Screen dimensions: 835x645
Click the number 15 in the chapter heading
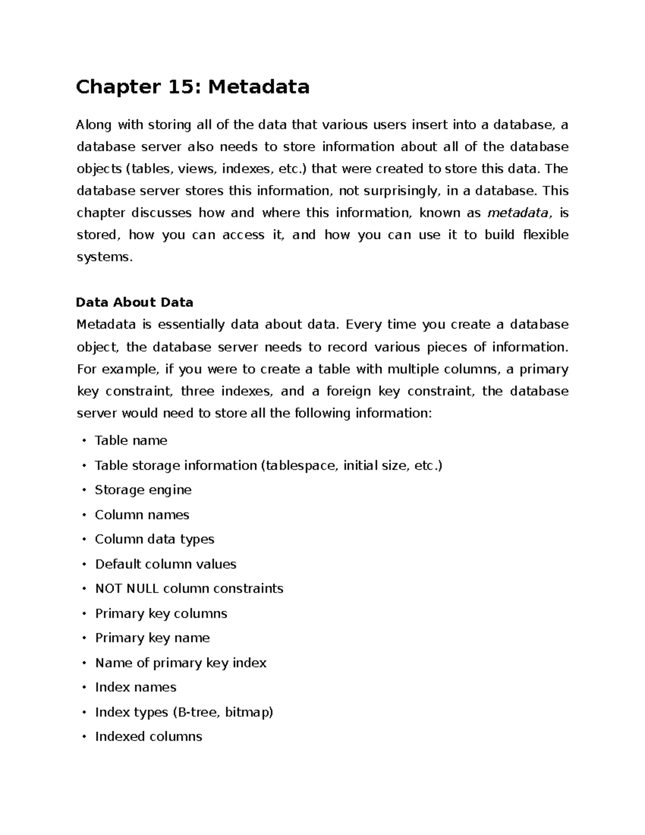pyautogui.click(x=184, y=87)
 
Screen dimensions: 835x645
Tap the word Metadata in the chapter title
pyautogui.click(x=259, y=87)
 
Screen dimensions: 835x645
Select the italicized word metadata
pyautogui.click(x=518, y=213)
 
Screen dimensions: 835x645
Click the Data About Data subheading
pyautogui.click(x=134, y=302)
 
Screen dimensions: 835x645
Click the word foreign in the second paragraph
pyautogui.click(x=348, y=391)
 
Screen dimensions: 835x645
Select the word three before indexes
pyautogui.click(x=197, y=391)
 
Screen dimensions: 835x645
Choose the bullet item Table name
pyautogui.click(x=131, y=440)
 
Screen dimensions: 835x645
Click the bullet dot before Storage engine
pyautogui.click(x=84, y=490)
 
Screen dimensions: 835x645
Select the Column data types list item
pyautogui.click(x=154, y=539)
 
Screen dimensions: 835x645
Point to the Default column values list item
pyautogui.click(x=166, y=564)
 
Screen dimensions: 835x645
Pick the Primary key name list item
pyautogui.click(x=152, y=638)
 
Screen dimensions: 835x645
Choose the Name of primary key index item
pyautogui.click(x=181, y=662)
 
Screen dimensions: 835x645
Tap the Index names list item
pyautogui.click(x=135, y=687)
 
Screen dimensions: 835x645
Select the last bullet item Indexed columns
pyautogui.click(x=148, y=737)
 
